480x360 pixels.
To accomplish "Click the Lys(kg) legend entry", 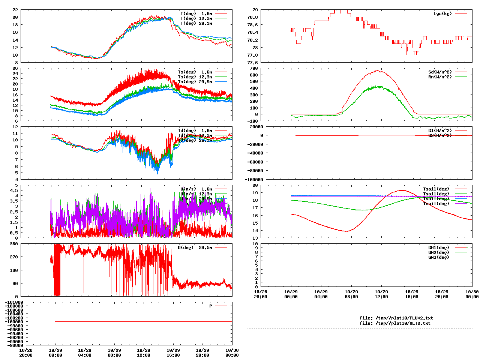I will [x=442, y=13].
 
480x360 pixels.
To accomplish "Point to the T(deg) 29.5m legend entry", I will [x=196, y=23].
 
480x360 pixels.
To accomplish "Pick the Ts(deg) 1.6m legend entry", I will [x=195, y=72].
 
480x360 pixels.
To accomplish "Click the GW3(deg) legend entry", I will [x=438, y=257].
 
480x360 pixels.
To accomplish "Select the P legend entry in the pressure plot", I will [x=210, y=306].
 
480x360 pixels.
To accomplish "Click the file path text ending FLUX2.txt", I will [x=396, y=318].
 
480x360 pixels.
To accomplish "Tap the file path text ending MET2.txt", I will [x=395, y=323].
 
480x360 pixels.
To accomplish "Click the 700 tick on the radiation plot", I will [x=253, y=68].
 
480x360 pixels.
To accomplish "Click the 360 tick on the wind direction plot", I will [x=14, y=244].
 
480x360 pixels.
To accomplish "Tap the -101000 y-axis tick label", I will [x=14, y=302].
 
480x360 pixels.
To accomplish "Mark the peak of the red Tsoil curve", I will [x=401, y=190].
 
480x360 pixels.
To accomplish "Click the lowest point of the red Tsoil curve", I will [x=346, y=231].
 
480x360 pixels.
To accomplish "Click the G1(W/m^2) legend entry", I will [x=440, y=130].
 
